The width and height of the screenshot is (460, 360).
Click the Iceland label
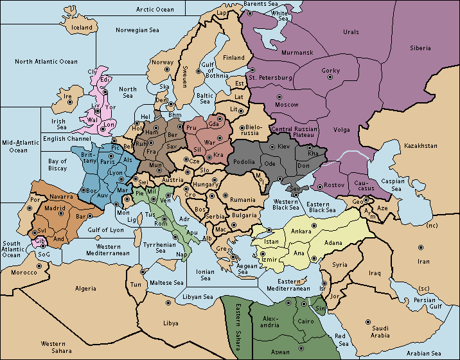tap(82, 28)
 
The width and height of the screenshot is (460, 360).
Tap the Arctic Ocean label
tap(155, 9)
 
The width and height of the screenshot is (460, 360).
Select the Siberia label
tap(422, 48)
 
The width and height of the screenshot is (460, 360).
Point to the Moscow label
tap(287, 104)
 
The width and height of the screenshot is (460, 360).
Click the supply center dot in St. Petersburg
tap(252, 69)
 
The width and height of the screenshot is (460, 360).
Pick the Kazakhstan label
tap(420, 146)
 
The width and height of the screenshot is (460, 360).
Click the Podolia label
tap(245, 163)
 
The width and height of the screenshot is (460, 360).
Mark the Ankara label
tap(302, 231)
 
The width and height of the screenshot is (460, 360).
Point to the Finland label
tap(234, 57)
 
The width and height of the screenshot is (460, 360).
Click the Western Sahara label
tap(54, 348)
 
